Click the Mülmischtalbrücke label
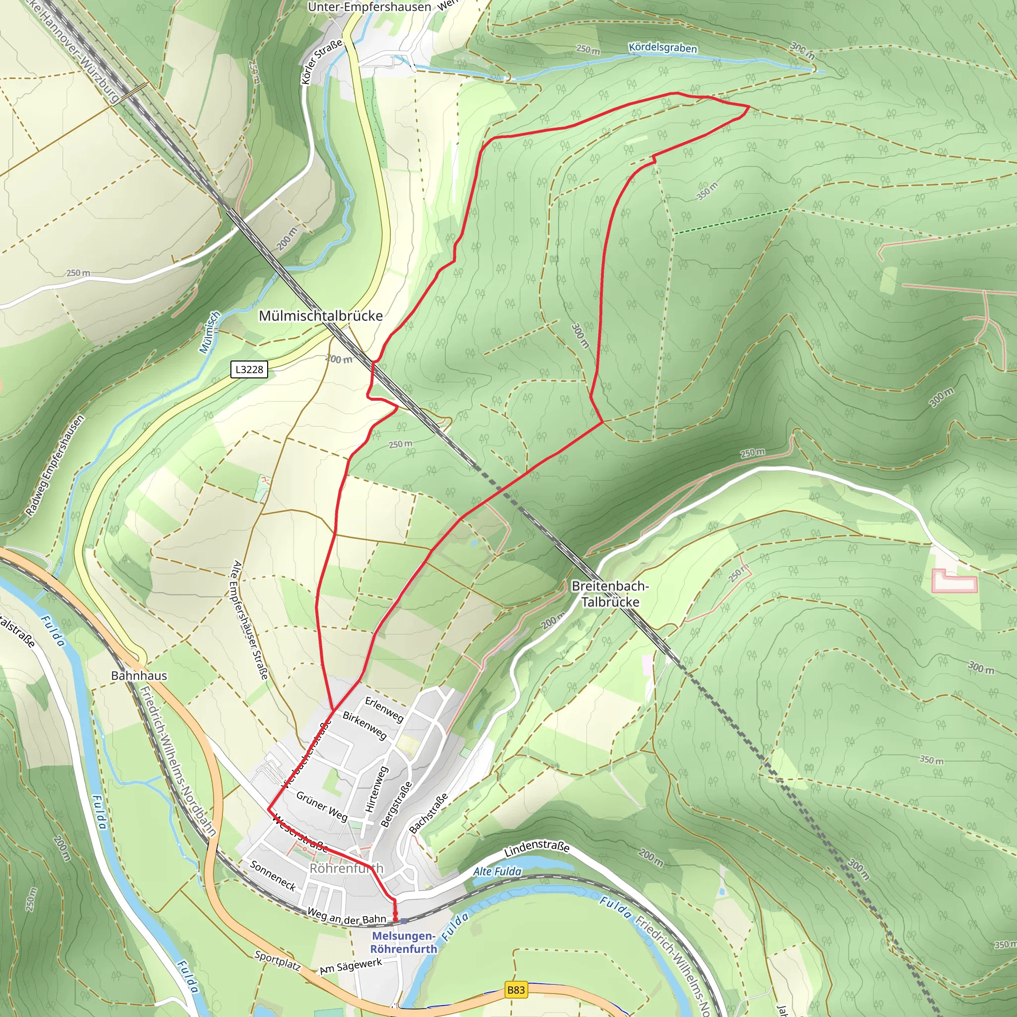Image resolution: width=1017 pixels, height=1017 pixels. coord(321,316)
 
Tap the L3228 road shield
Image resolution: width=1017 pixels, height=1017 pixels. coord(249,369)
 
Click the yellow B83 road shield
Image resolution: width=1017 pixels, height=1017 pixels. coord(515,990)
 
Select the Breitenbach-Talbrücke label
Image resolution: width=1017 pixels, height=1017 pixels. coord(610,594)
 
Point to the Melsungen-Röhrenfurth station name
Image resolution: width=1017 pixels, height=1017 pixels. coord(404,942)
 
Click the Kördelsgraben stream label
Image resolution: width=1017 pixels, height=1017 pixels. coord(663,48)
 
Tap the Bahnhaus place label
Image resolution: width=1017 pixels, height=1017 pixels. coord(139,675)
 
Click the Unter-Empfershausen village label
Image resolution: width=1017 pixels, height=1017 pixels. coord(369,7)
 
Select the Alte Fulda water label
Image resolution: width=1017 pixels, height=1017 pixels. coord(497,871)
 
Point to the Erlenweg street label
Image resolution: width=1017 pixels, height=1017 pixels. coord(384,710)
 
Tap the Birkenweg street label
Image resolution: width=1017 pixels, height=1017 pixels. coord(365,726)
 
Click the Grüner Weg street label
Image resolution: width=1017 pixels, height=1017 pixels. coord(322,806)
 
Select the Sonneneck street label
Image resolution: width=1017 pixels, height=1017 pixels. coord(273,875)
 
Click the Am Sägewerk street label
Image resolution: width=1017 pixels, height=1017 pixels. coord(351,966)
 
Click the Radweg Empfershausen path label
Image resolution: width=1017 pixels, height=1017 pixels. coord(55,465)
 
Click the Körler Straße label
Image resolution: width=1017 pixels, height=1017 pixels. coord(321,62)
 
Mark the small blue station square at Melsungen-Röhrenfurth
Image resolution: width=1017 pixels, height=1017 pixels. coord(404,921)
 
